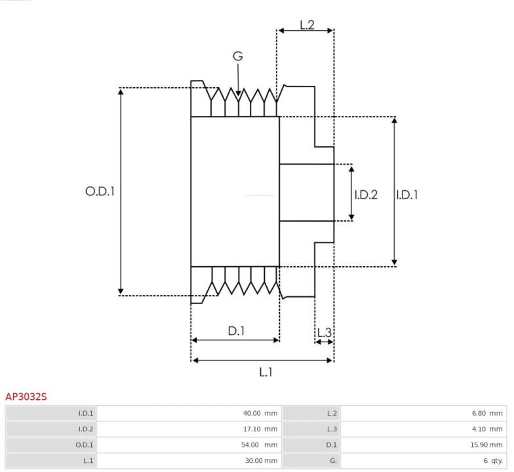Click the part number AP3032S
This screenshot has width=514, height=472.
point(26,397)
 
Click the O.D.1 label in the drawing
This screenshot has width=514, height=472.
point(100,191)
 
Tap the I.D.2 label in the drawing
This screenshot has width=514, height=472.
point(366,195)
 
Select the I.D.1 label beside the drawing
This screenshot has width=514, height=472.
point(406,195)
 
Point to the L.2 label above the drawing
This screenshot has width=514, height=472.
point(307,25)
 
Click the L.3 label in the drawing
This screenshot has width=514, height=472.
point(325,333)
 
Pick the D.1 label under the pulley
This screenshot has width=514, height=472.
point(236,331)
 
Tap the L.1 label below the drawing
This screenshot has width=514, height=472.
point(266,372)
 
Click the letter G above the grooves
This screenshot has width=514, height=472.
point(238,56)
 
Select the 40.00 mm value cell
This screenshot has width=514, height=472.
point(260,413)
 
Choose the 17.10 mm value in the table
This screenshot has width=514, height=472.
point(260,429)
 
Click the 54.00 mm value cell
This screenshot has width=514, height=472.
point(260,444)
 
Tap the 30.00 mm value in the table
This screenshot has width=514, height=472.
point(261,460)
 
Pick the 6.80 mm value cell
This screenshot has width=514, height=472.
point(487,413)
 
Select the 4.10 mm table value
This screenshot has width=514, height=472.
point(487,429)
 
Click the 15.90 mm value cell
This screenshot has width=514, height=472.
point(486,444)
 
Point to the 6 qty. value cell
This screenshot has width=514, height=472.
point(493,460)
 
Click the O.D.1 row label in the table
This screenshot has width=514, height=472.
point(84,444)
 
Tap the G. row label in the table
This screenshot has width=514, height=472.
point(333,460)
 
